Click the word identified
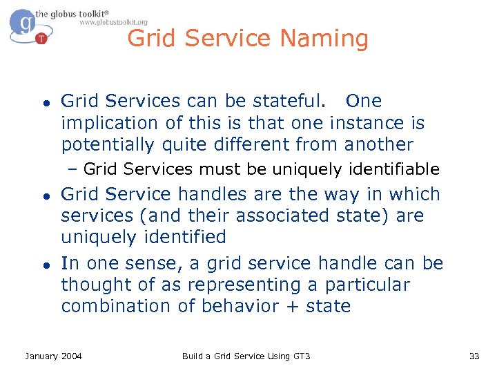click(184, 237)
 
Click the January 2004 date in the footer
click(53, 356)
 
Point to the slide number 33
click(474, 356)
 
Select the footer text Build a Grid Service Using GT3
click(246, 356)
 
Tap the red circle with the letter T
click(41, 39)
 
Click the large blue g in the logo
click(25, 23)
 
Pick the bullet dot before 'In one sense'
click(43, 265)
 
